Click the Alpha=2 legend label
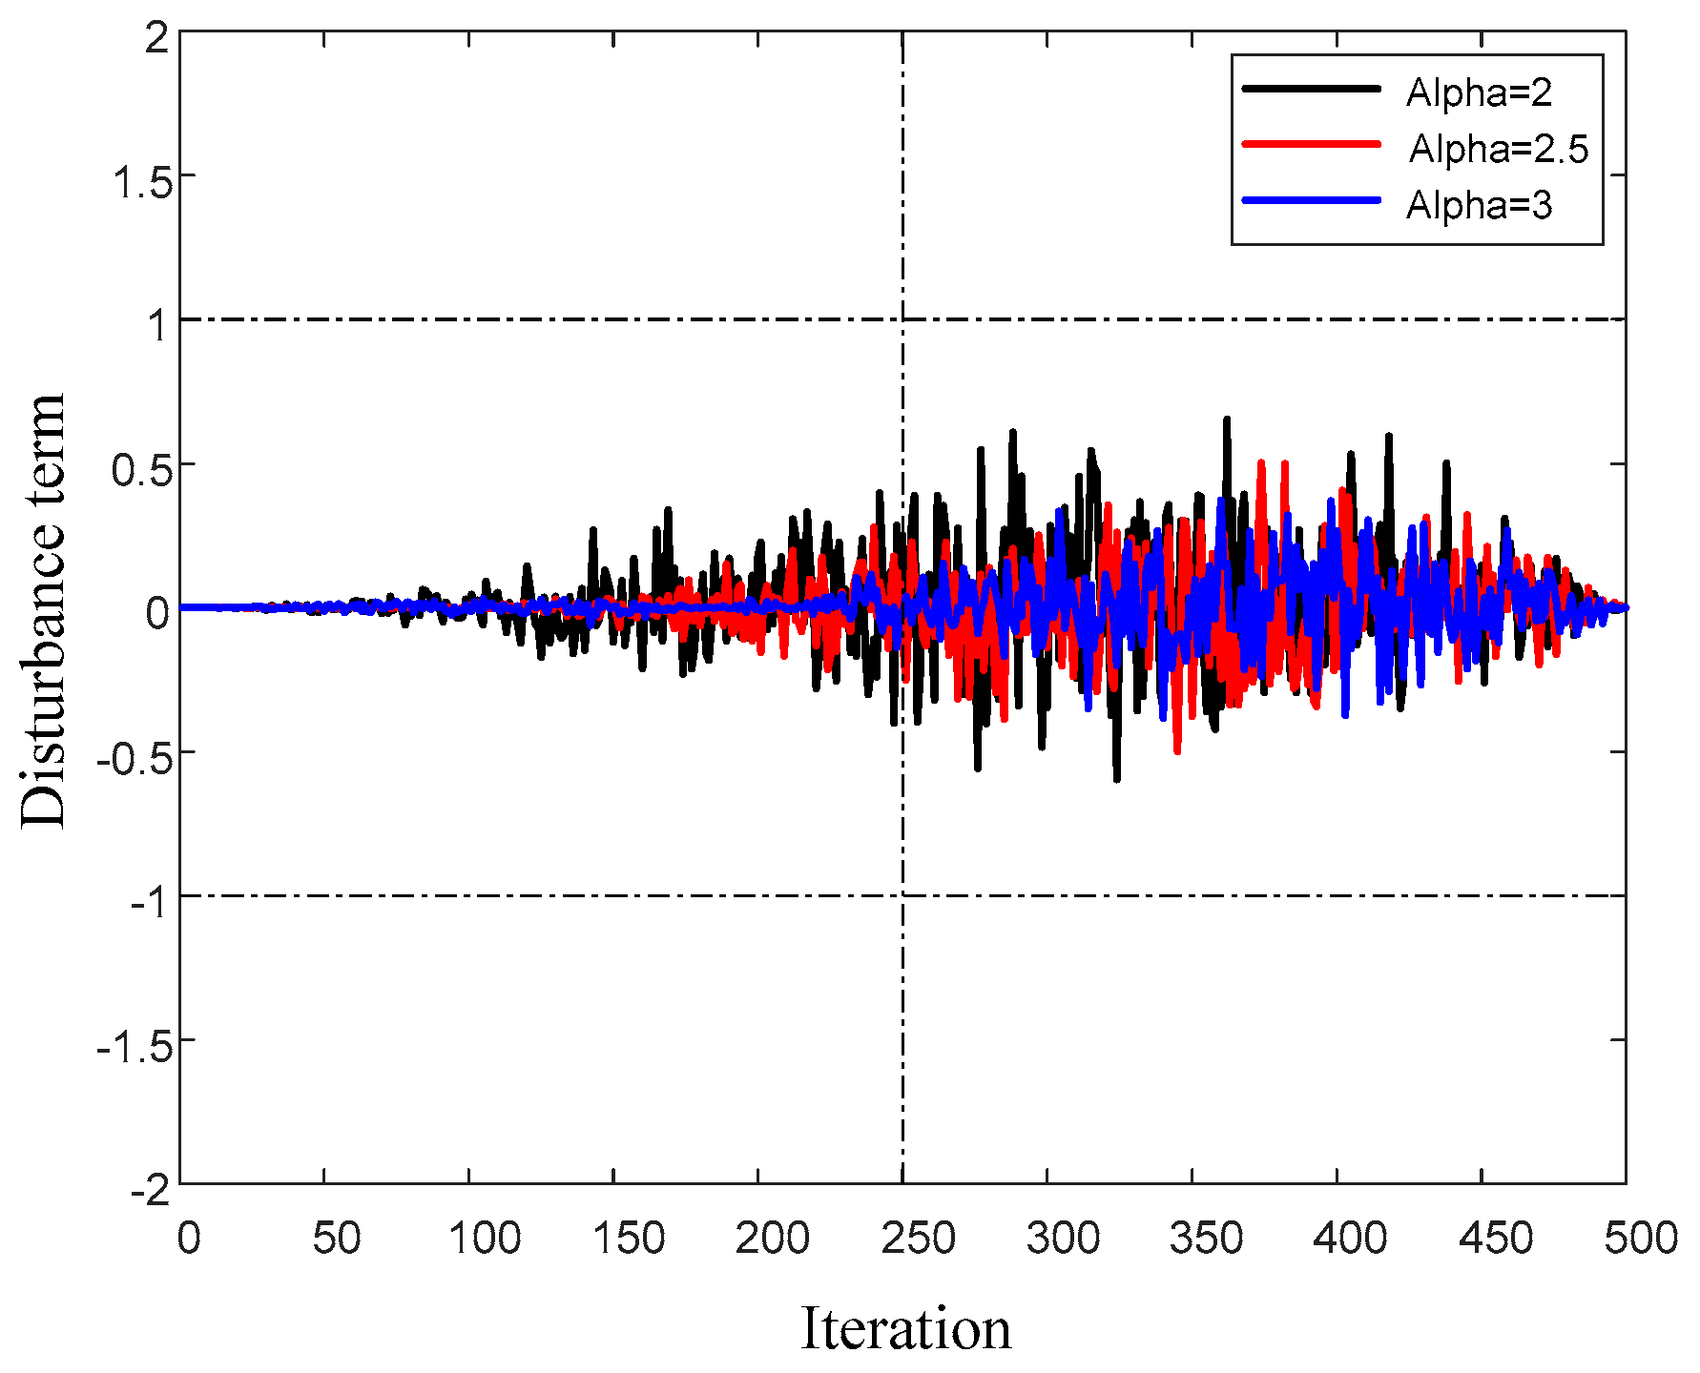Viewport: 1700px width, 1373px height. pyautogui.click(x=1479, y=92)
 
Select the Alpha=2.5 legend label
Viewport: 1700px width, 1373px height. pyautogui.click(x=1499, y=149)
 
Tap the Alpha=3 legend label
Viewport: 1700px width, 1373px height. pyautogui.click(x=1479, y=205)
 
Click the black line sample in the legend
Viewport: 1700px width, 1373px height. pyautogui.click(x=1312, y=89)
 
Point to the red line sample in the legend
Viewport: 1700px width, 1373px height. pyautogui.click(x=1312, y=144)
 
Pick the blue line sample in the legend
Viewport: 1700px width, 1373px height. pyautogui.click(x=1312, y=200)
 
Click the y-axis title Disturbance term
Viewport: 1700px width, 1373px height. pyautogui.click(x=43, y=610)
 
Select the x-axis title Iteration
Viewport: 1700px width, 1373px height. pyautogui.click(x=905, y=1328)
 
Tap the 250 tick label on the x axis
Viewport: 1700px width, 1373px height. pyautogui.click(x=918, y=1239)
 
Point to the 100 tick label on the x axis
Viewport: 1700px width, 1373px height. pyautogui.click(x=484, y=1239)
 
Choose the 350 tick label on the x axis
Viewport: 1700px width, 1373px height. pyautogui.click(x=1207, y=1239)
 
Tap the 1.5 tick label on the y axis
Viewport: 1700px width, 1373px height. pyautogui.click(x=142, y=182)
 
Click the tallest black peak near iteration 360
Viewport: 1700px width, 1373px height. pyautogui.click(x=1227, y=420)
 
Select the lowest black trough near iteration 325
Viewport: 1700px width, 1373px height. pyautogui.click(x=1117, y=779)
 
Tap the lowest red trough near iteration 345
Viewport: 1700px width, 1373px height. pyautogui.click(x=1177, y=751)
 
